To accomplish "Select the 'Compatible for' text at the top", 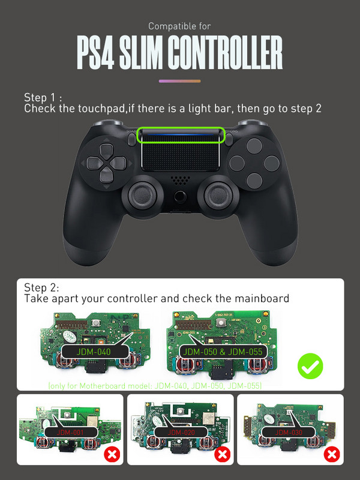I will tap(179, 26).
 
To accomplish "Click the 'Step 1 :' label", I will tap(43, 98).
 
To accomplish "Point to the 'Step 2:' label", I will tap(42, 287).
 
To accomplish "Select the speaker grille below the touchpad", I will tap(179, 179).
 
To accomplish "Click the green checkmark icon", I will tap(310, 365).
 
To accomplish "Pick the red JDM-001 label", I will tap(71, 432).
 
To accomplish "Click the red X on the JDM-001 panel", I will tap(111, 454).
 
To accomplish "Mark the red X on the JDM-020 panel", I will tap(221, 454).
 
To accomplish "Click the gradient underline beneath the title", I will tap(179, 80).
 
